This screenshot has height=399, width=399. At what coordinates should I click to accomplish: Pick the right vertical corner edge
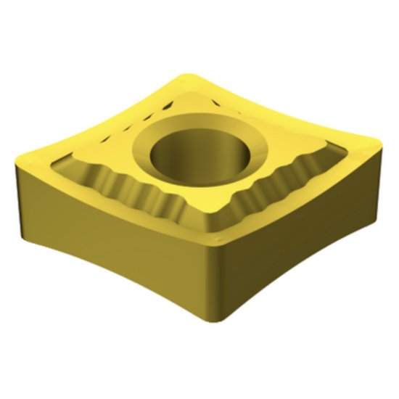(379, 174)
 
